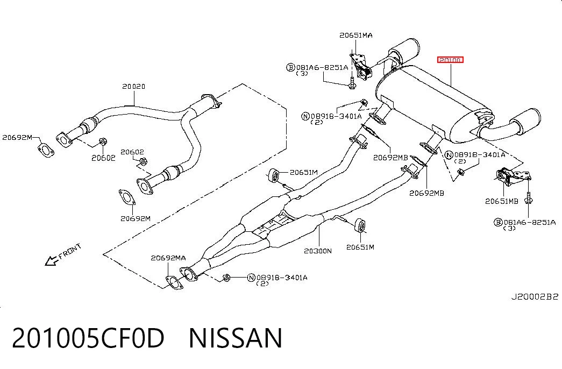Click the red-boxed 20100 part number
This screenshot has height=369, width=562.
[450, 60]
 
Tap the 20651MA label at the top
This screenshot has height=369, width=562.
[356, 35]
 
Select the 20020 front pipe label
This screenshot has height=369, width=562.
[134, 86]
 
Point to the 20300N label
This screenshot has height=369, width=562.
[318, 251]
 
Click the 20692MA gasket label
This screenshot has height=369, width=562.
[168, 258]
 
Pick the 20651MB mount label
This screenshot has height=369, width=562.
[502, 201]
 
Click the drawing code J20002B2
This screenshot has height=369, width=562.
[535, 297]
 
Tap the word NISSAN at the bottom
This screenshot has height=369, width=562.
[236, 338]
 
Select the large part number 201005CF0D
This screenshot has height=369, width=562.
[88, 338]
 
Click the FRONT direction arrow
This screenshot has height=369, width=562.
[52, 261]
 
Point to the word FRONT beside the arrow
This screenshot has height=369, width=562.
[70, 251]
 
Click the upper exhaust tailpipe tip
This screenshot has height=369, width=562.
[405, 50]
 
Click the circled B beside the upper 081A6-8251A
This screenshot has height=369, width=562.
[290, 67]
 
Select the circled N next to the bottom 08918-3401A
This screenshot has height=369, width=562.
[251, 277]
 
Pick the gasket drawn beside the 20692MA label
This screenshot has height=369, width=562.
[174, 282]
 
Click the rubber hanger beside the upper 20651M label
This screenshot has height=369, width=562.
[274, 175]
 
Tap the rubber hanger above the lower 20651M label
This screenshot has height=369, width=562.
[360, 224]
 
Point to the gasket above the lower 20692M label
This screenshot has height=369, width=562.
[127, 197]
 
